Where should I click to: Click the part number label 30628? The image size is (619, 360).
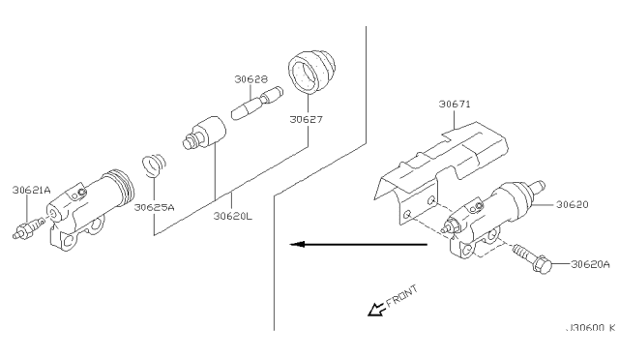coord(251,79)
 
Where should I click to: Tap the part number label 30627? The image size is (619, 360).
coord(306,119)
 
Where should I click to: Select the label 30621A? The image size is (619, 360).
coord(31,190)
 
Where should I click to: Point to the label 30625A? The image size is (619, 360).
coord(154,207)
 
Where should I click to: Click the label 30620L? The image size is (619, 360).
coord(232,216)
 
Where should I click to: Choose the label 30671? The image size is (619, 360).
coord(455,104)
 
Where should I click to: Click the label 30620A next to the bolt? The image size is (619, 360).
coord(590,264)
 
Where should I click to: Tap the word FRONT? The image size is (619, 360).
coord(401,296)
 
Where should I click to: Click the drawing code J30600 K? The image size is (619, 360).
coord(591,328)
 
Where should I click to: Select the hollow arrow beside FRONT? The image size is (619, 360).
coord(377,309)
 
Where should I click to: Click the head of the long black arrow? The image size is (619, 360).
coord(297,244)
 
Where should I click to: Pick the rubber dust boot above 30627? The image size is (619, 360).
coord(311,72)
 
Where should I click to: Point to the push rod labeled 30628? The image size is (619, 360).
coord(256,103)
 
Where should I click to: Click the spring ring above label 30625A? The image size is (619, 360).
coord(154,165)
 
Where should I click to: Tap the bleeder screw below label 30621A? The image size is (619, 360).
coord(29,228)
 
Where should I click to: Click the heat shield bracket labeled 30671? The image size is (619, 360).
coord(440,170)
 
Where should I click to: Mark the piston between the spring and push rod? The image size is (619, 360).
coord(204,133)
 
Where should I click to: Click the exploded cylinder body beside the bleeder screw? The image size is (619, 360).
coord(91,209)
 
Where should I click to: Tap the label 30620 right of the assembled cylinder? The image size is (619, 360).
coord(572,204)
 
